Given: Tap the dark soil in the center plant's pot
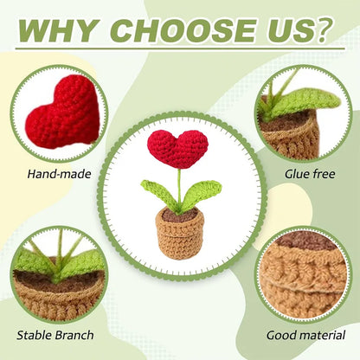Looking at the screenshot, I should pos(180,214).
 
